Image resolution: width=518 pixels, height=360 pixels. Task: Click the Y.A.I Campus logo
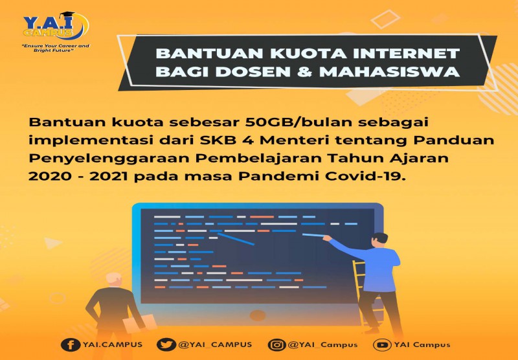pos(56,26)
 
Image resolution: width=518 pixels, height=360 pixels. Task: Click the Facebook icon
pos(67,344)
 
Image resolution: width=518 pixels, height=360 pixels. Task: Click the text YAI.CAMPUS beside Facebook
pos(111,344)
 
